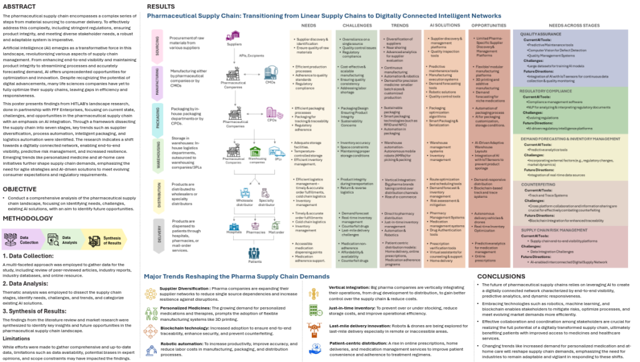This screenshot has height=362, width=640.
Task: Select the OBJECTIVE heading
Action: (x=21, y=188)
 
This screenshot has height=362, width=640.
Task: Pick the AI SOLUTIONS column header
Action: (x=441, y=26)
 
